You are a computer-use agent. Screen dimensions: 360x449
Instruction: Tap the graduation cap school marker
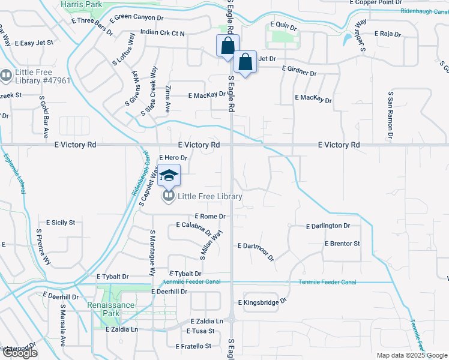(x=169, y=175)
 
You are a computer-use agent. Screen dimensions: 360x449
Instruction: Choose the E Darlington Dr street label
(x=328, y=226)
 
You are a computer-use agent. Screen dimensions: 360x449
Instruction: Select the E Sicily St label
(x=55, y=223)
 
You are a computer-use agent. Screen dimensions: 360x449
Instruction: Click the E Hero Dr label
(x=173, y=158)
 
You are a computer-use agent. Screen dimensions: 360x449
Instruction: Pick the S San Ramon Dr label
(x=391, y=115)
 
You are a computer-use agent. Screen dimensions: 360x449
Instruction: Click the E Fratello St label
(x=194, y=346)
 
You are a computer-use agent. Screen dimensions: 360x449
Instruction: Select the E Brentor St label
(x=342, y=244)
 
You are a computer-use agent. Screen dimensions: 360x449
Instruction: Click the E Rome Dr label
(x=210, y=216)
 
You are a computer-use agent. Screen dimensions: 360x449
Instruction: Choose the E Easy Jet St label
(x=33, y=43)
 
